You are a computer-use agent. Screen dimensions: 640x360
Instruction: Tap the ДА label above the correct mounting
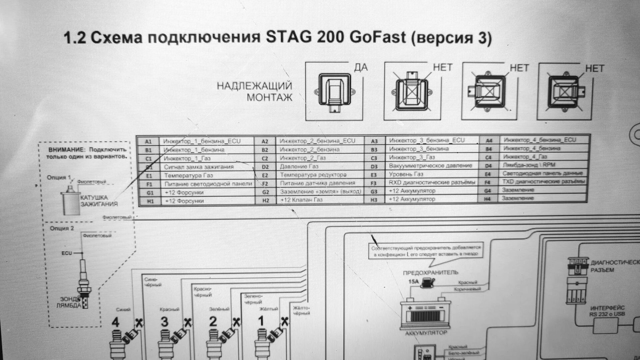pos(361,68)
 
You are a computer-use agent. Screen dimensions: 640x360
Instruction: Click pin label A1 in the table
pos(148,141)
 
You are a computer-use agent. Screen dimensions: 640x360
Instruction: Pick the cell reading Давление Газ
pos(299,166)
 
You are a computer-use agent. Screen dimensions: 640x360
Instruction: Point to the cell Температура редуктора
pos(313,175)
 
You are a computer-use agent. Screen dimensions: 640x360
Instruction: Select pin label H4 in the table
pos(488,199)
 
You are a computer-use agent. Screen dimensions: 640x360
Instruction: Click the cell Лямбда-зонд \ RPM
pos(529,165)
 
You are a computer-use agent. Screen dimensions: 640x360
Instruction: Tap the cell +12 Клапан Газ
pos(302,200)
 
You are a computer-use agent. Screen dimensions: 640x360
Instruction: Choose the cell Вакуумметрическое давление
pos(430,166)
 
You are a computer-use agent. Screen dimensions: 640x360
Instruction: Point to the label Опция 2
pos(62,229)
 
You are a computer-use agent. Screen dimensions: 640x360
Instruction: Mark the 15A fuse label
pos(413,282)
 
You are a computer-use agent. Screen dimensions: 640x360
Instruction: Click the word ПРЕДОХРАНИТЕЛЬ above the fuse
pos(430,273)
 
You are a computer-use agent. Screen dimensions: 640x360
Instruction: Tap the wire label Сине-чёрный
pos(153,282)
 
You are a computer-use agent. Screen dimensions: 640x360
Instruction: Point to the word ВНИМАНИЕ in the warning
pos(67,150)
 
